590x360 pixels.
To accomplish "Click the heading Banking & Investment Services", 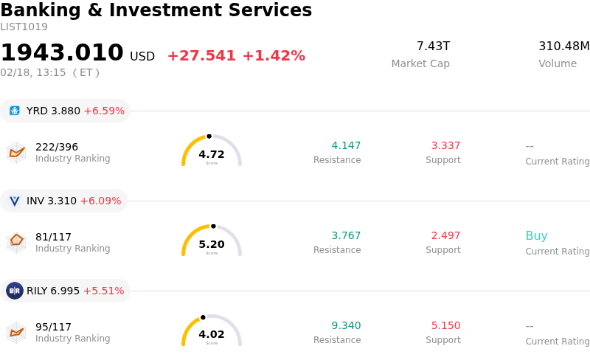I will click(x=156, y=11).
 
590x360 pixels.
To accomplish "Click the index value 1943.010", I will click(x=62, y=53).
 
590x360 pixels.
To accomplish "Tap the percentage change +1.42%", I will click(x=274, y=56).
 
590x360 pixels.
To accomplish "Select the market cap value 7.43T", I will click(x=433, y=46).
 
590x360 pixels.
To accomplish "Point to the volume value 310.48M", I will click(x=563, y=46).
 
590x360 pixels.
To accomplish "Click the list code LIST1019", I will click(x=24, y=27).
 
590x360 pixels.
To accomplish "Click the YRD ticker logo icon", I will click(x=15, y=111).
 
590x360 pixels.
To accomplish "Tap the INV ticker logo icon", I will click(x=15, y=201).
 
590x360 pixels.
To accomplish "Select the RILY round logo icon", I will click(x=15, y=291).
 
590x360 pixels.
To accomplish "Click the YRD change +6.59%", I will click(x=104, y=111).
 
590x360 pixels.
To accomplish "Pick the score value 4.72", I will click(x=212, y=154).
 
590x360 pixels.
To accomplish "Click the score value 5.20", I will click(x=212, y=244).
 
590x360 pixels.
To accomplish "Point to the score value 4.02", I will click(x=212, y=334).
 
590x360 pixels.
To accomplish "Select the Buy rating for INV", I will click(x=536, y=236).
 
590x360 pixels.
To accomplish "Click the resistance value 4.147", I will click(x=346, y=145).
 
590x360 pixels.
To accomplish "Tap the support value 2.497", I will click(x=445, y=235).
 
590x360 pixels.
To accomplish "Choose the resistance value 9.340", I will click(x=346, y=325).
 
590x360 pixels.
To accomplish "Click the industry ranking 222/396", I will click(x=57, y=147).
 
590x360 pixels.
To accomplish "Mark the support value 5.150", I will click(x=445, y=325).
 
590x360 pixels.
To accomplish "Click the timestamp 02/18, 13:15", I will click(x=33, y=72).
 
